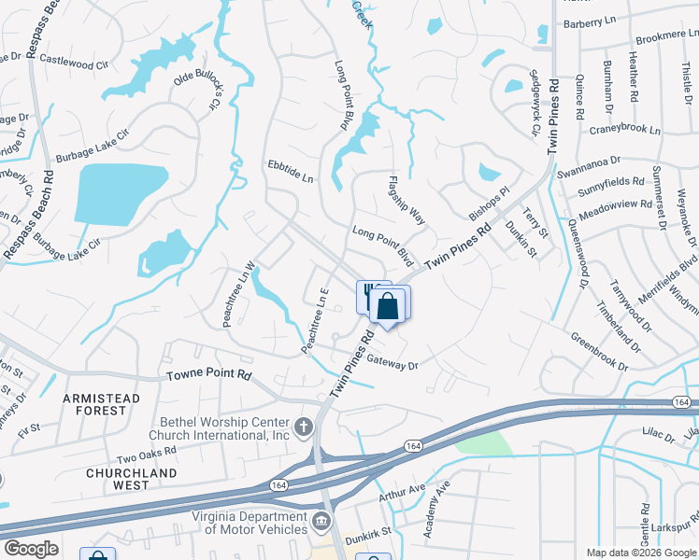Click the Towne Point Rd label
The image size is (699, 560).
209,375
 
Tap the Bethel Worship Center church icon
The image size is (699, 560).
303,428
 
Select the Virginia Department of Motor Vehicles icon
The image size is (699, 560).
321,519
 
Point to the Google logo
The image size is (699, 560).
31,549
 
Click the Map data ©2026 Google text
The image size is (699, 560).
640,553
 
